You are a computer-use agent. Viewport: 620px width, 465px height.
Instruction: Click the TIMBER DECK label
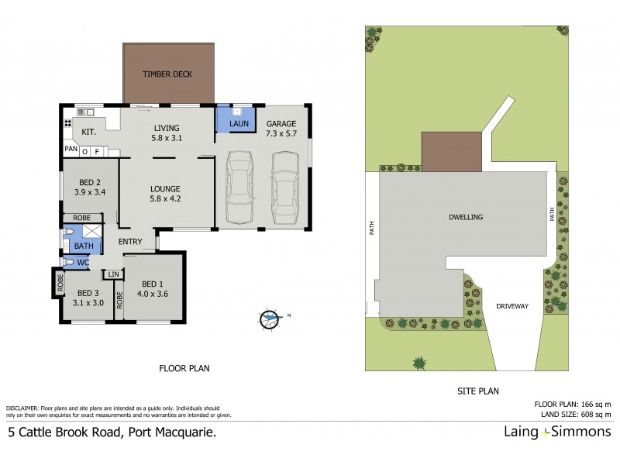(x=167, y=74)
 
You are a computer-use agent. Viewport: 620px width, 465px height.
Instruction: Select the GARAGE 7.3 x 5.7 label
(x=281, y=129)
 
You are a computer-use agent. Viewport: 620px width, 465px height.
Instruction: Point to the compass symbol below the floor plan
(x=270, y=317)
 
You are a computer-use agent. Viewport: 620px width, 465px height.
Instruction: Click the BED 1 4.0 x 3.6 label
(x=153, y=288)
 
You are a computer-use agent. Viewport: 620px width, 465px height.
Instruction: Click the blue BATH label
(x=83, y=246)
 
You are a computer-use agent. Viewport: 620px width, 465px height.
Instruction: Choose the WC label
(x=83, y=263)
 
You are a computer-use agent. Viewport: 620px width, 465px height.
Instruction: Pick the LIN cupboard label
(x=114, y=274)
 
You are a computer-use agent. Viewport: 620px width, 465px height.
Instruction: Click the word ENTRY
(x=130, y=242)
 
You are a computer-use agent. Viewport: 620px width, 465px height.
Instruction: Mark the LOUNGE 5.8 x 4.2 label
(x=166, y=193)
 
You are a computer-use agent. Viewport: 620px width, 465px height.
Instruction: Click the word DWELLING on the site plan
(x=465, y=217)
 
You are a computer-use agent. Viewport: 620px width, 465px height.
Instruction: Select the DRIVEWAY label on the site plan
(x=512, y=306)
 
